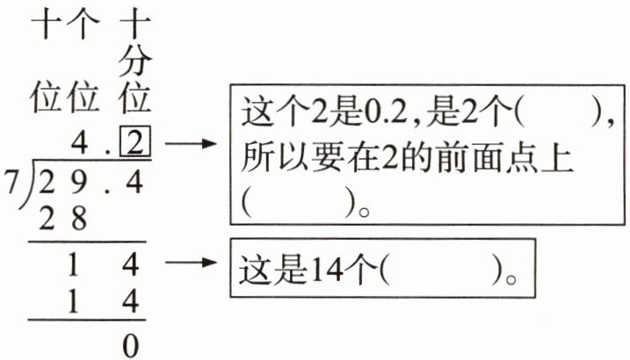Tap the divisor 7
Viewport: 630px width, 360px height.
click(11, 178)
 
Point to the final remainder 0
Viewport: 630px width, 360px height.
click(131, 345)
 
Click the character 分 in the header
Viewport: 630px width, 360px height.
click(134, 61)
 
